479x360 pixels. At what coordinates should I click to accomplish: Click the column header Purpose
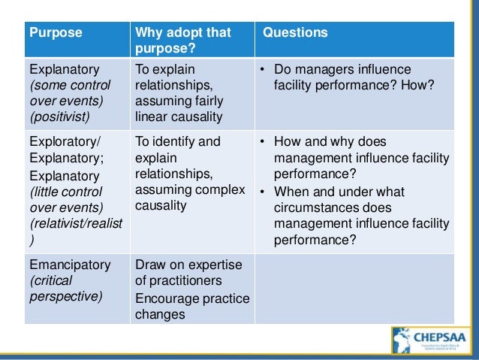pos(55,33)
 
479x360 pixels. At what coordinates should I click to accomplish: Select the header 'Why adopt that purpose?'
pos(183,41)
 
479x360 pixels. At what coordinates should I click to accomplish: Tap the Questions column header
pos(301,33)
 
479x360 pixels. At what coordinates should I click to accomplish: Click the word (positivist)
pos(59,116)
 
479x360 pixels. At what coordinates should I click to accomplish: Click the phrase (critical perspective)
pos(65,289)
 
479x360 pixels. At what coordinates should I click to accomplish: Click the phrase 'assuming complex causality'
pos(189,197)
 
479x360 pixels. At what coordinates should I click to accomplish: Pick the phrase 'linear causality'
pos(179,116)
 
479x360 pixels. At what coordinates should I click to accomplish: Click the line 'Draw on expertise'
pos(188,265)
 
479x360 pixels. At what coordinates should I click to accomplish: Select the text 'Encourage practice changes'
pos(191,306)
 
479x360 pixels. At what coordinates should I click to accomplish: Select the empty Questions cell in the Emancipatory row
pos(353,289)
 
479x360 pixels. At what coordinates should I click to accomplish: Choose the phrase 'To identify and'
pos(178,141)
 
